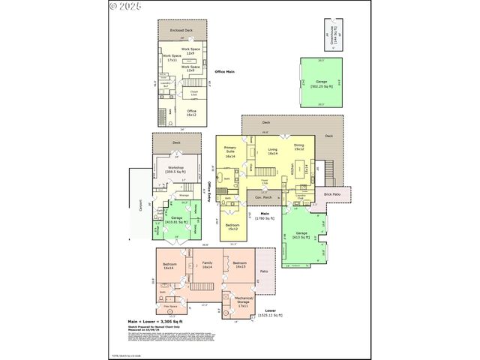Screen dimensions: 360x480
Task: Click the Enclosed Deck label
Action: (x=181, y=31)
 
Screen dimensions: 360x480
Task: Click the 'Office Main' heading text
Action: (x=225, y=71)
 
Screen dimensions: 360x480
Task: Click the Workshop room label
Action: (x=176, y=169)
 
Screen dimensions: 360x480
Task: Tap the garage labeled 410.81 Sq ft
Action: (x=176, y=219)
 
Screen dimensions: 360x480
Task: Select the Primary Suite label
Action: (x=230, y=152)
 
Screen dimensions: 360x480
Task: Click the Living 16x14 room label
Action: (x=272, y=151)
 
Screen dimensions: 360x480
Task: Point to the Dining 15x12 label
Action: (x=298, y=148)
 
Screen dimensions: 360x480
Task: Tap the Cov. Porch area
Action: (x=263, y=198)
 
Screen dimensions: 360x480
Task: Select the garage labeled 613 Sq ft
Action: (x=301, y=235)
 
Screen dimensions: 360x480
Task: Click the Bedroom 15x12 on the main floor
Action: (x=232, y=226)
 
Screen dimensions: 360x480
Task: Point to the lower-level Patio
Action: (x=263, y=271)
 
